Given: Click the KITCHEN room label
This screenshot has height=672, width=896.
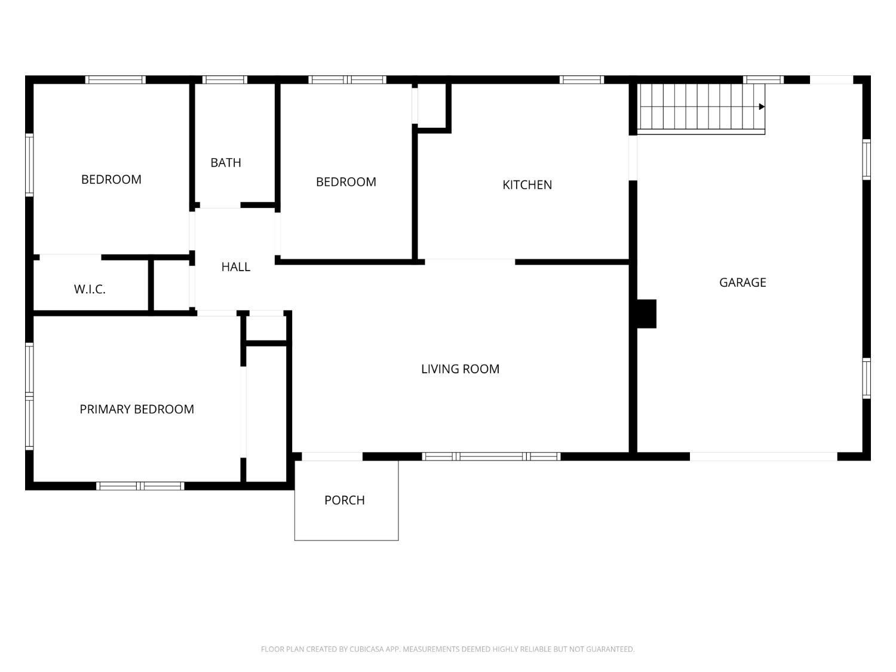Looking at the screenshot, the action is tap(527, 185).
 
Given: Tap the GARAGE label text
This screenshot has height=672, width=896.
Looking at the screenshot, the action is tap(742, 283).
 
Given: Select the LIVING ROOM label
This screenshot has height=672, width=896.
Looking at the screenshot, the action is tap(460, 369).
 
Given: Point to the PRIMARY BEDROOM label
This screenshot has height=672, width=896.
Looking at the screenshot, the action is tap(137, 409).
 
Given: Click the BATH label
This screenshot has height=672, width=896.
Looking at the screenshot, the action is tap(226, 163).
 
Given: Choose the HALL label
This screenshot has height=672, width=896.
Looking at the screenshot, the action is tap(235, 267).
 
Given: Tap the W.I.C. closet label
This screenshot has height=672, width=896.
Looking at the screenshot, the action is tap(90, 289).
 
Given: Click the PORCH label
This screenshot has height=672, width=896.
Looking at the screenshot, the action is tap(345, 500).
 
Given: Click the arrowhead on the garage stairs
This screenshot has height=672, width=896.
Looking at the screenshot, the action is tap(762, 107).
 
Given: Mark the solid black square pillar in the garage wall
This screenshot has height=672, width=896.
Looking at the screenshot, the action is tap(646, 314).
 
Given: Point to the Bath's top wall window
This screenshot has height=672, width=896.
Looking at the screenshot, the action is tap(225, 79).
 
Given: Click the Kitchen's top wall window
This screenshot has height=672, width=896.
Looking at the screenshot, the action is tap(582, 79).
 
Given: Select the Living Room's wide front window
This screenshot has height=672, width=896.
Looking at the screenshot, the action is tap(491, 456).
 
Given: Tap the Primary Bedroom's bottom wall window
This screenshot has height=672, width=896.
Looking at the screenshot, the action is tap(140, 486).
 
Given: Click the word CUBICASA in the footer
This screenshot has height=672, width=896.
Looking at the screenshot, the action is tap(367, 649).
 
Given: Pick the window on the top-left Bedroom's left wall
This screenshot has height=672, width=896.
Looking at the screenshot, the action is tap(29, 165).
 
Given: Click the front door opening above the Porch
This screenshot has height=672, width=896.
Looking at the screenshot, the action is tap(332, 456).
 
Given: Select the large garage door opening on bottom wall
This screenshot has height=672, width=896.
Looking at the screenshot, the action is tap(763, 456).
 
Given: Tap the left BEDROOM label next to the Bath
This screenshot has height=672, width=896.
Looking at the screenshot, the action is tap(112, 180).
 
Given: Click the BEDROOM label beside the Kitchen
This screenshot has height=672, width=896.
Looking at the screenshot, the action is tap(346, 182).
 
